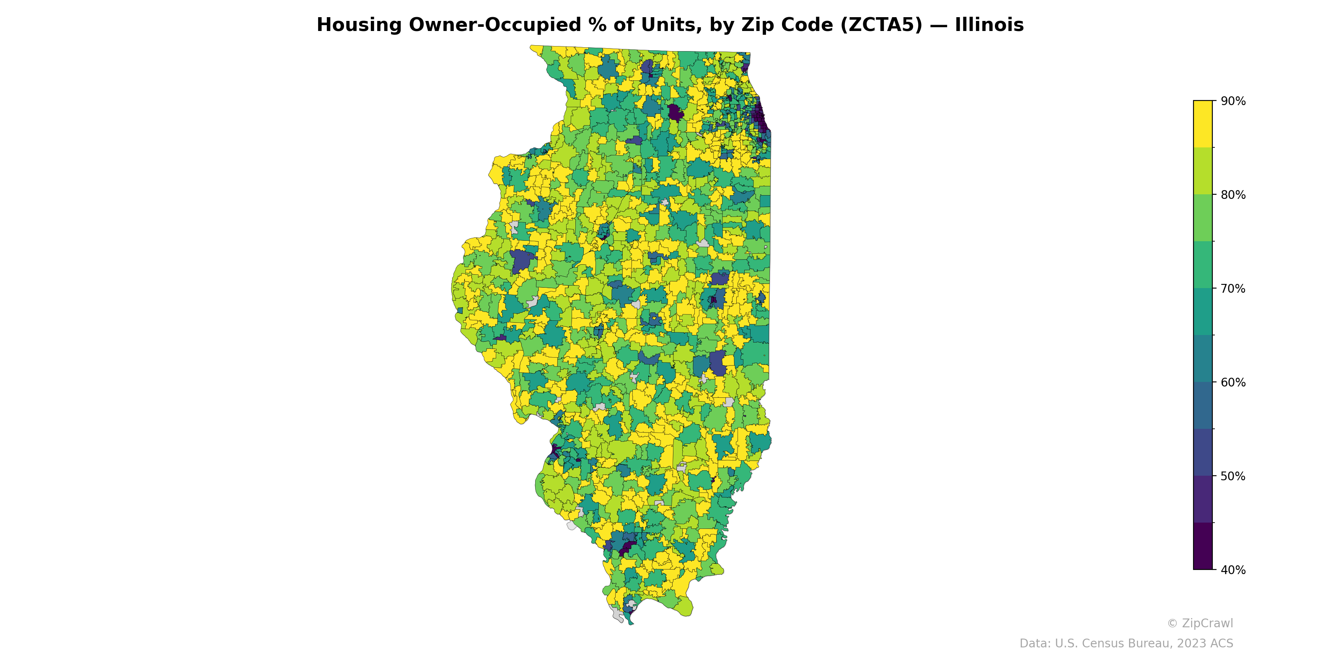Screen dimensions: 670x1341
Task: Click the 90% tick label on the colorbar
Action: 1233,101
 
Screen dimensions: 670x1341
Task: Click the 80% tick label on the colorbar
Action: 1233,195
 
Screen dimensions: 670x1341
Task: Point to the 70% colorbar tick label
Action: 1233,289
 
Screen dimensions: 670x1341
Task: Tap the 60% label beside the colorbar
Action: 1233,382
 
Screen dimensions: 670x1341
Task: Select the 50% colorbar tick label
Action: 1233,476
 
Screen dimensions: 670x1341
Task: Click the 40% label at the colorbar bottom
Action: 1233,570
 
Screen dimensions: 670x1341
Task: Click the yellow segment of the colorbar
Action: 1203,124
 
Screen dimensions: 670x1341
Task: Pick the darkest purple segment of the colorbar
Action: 1203,546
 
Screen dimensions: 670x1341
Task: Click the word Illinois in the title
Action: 989,25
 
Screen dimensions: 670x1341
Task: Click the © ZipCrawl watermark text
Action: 1200,623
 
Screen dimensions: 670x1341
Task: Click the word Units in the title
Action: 666,25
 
